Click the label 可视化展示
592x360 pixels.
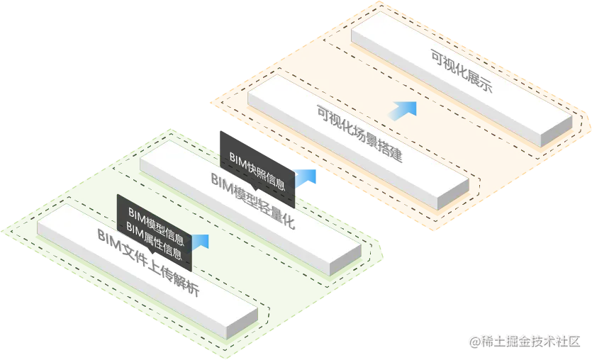pyautogui.click(x=462, y=73)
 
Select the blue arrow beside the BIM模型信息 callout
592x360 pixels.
pyautogui.click(x=202, y=241)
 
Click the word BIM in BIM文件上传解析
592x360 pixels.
pyautogui.click(x=107, y=239)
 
